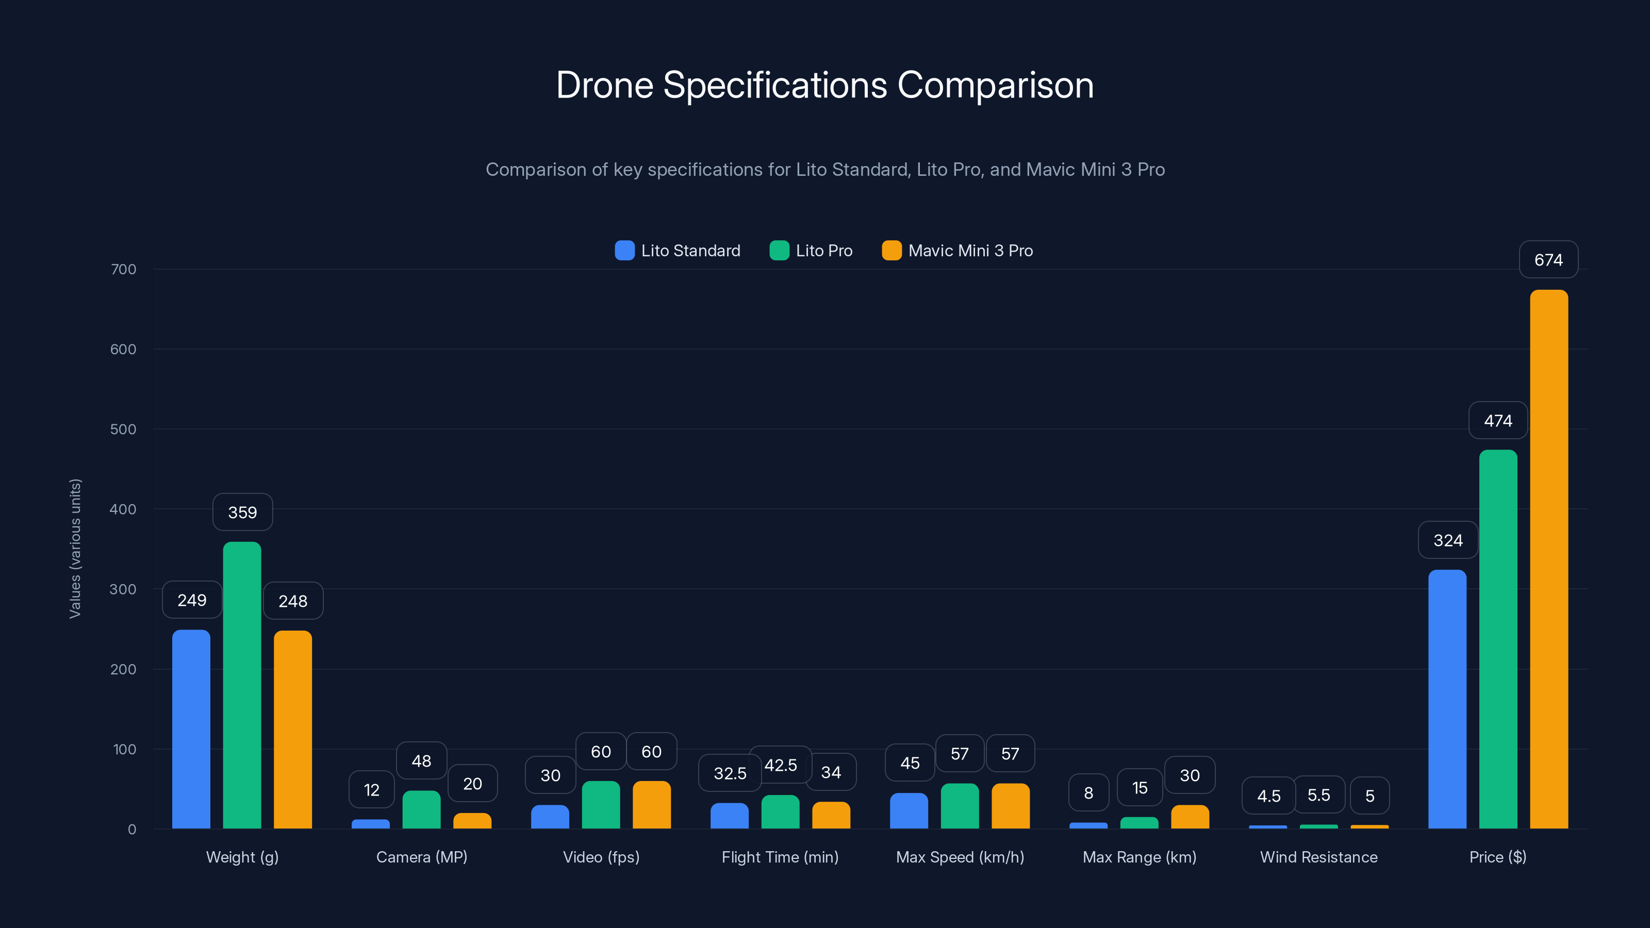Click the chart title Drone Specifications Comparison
click(x=824, y=85)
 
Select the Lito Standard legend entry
click(x=678, y=251)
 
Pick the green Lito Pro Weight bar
click(x=242, y=685)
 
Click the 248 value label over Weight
click(x=293, y=601)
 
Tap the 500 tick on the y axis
click(x=123, y=429)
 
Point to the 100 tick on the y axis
click(x=124, y=749)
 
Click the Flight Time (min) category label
click(x=780, y=857)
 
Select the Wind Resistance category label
click(x=1318, y=857)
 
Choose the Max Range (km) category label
click(x=1139, y=857)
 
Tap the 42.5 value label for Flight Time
click(x=780, y=765)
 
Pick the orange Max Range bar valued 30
click(x=1190, y=817)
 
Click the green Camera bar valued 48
click(x=421, y=809)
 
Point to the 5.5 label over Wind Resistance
click(x=1318, y=795)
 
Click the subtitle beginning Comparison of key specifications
click(x=824, y=169)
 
